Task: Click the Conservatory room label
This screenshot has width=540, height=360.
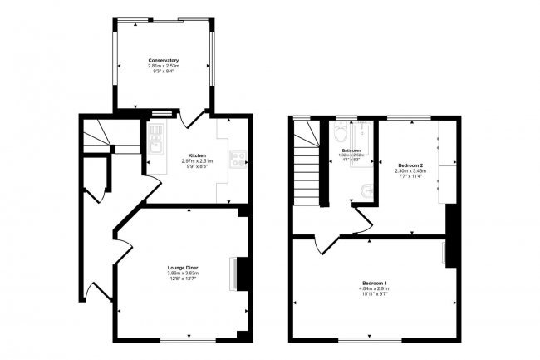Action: point(164,60)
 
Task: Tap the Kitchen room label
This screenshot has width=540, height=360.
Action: point(197,155)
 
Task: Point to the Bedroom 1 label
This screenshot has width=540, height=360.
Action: point(376,282)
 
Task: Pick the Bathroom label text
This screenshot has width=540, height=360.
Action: point(353,150)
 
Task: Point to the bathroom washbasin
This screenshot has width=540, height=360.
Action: point(338,135)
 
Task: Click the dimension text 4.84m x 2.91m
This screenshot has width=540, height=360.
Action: point(376,288)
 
